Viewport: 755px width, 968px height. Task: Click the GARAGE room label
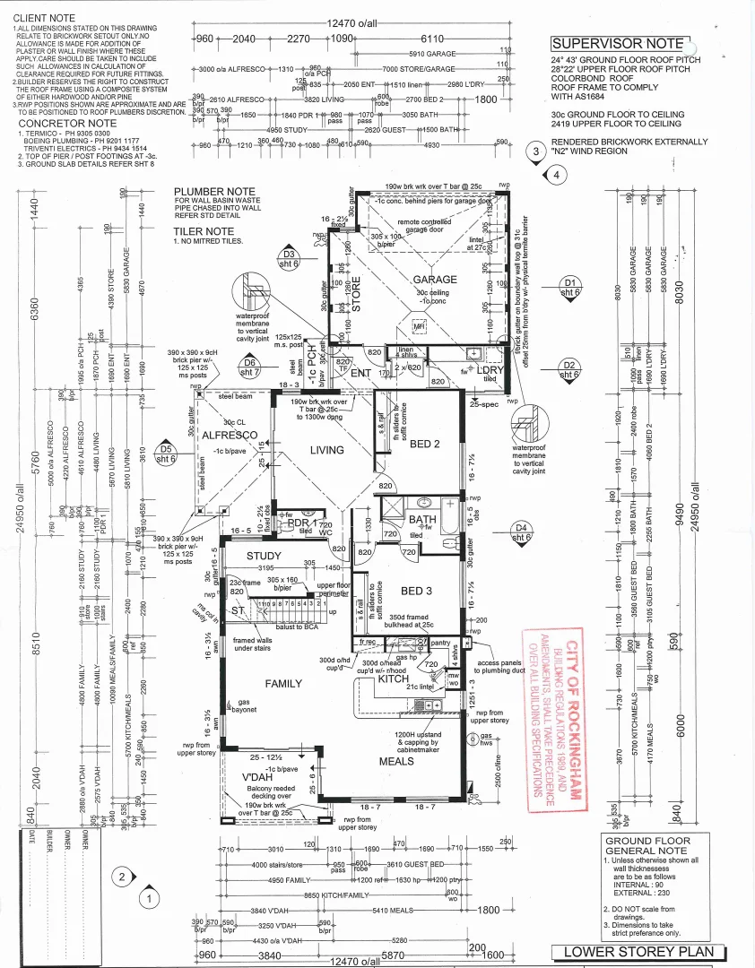pos(435,280)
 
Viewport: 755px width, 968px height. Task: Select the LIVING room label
pos(327,451)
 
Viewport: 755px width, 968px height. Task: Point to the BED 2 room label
pos(425,445)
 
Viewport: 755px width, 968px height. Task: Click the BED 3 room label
pos(417,592)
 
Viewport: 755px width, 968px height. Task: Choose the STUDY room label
pos(264,557)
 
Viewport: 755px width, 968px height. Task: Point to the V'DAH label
pos(256,777)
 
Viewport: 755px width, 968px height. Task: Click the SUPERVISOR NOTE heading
pos(619,44)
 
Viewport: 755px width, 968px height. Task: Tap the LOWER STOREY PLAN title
pos(638,952)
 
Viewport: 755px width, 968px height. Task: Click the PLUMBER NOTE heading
pos(216,192)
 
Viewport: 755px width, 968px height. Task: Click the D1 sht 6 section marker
pos(570,286)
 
